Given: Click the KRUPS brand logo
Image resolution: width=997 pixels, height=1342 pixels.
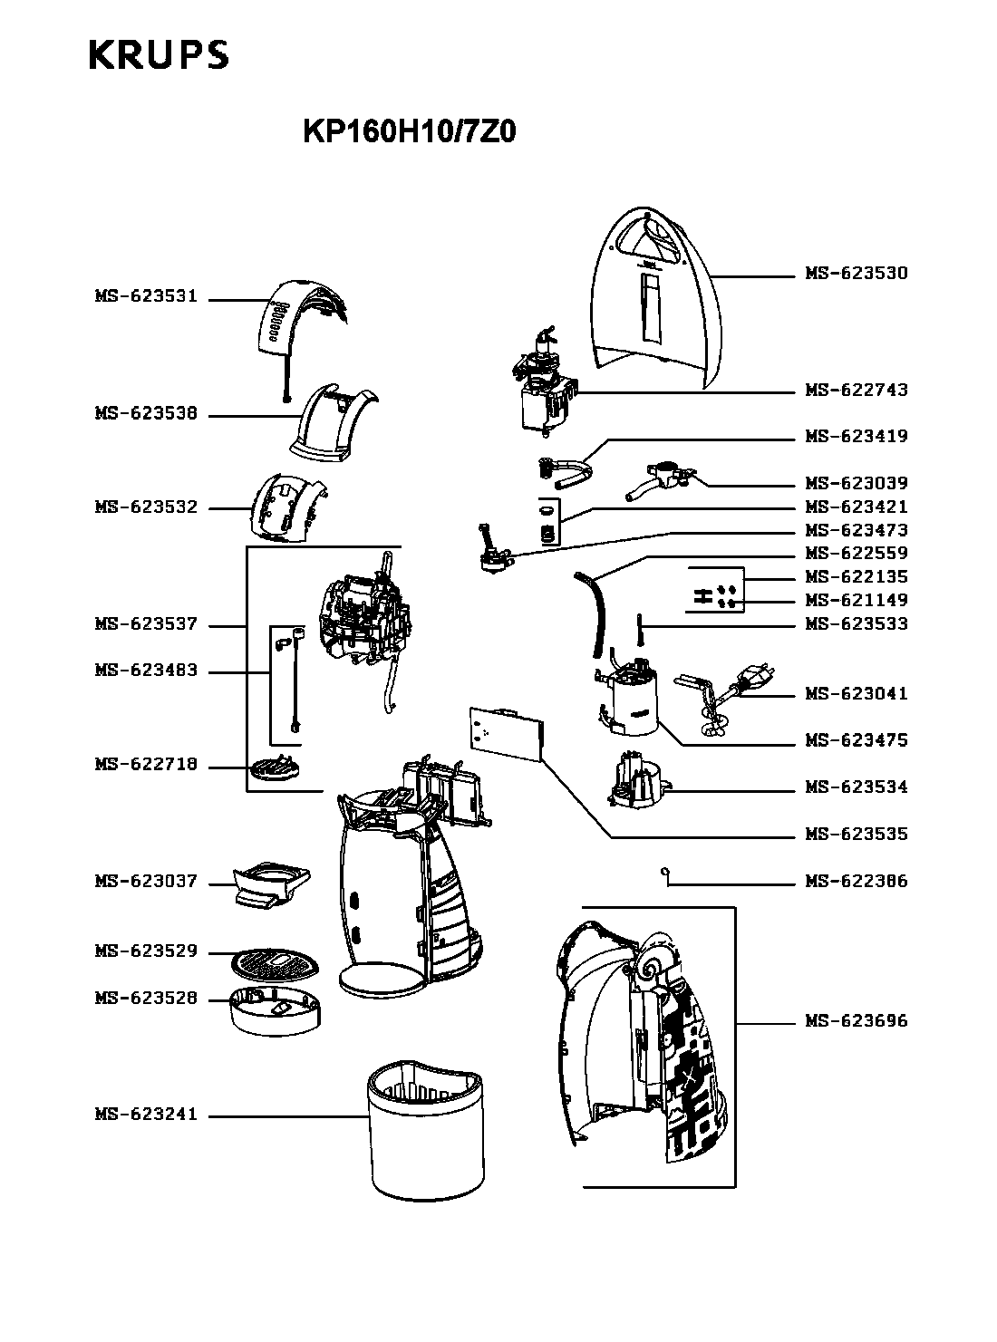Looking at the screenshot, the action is [159, 55].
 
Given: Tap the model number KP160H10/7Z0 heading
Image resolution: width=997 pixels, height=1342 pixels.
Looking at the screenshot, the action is [409, 131].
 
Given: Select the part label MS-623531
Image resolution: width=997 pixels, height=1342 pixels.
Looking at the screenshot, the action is [147, 296].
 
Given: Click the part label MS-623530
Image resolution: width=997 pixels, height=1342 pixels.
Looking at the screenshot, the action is [857, 273].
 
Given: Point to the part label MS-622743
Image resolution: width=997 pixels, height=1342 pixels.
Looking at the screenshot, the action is [857, 390].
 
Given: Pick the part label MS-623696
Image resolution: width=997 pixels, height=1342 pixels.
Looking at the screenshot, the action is [857, 1020].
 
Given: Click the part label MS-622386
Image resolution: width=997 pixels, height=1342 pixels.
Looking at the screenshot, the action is [857, 881].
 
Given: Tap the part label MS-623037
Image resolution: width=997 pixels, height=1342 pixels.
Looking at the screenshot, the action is [147, 881].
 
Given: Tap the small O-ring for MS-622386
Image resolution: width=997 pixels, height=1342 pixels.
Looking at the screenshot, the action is [664, 872].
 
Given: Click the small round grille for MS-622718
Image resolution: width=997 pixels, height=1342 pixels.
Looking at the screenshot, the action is [274, 768].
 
